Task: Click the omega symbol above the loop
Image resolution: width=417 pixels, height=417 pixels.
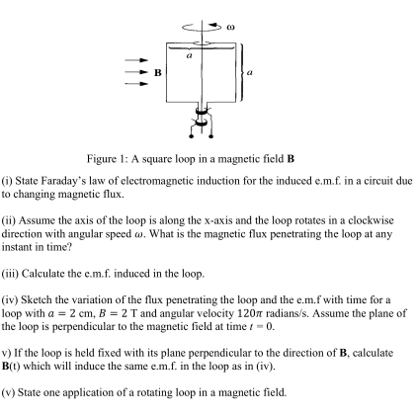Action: [x=229, y=19]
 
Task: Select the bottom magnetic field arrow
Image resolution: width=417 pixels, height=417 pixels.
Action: [x=134, y=83]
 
